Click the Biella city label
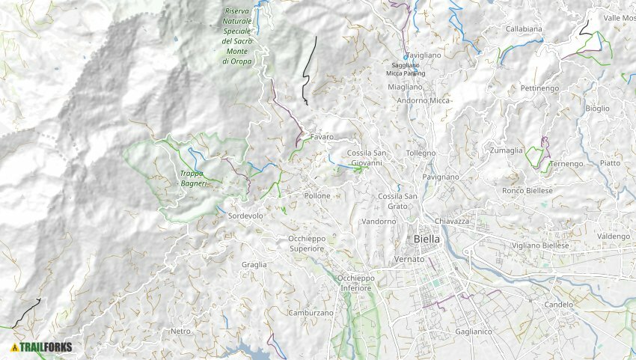[x=426, y=239]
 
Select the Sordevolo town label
[x=245, y=216]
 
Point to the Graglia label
[x=254, y=265]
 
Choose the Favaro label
[x=322, y=137]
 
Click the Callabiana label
[x=524, y=29]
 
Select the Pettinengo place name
[x=539, y=88]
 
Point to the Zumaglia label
[x=507, y=150]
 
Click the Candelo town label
[x=558, y=305]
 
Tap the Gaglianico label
[x=473, y=330]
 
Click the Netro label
[x=180, y=331]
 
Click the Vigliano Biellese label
[x=540, y=245]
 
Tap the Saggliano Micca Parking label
[x=406, y=70]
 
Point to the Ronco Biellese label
[x=528, y=191]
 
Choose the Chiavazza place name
[x=451, y=221]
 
